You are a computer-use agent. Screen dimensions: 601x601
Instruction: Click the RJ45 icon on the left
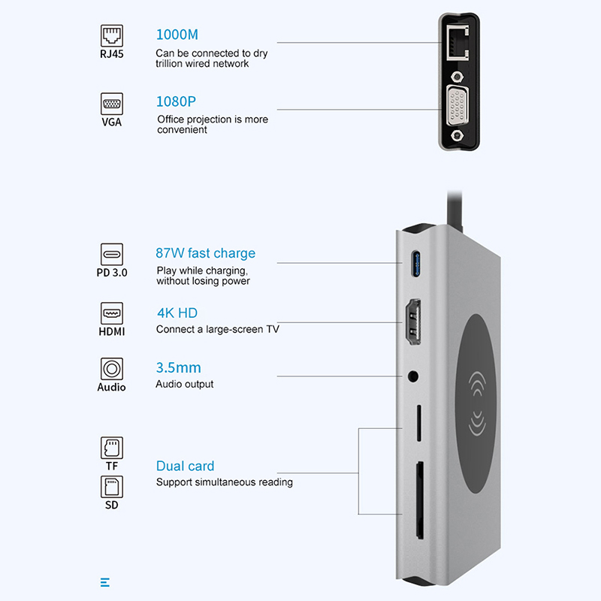(x=112, y=35)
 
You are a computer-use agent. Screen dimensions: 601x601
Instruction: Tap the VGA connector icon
(x=112, y=103)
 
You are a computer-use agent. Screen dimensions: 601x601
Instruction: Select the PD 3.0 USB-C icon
(x=112, y=253)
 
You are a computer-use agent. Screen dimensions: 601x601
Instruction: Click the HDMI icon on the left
(x=112, y=313)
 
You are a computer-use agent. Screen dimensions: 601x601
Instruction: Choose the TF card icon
(x=111, y=448)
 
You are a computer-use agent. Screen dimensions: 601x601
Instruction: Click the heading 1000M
(x=177, y=35)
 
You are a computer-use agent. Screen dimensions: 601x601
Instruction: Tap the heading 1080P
(x=176, y=101)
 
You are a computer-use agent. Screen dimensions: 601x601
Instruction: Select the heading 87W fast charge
(x=205, y=253)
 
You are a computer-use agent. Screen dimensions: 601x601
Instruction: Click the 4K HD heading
(x=177, y=313)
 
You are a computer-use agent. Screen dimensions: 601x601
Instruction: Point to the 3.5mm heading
(x=178, y=368)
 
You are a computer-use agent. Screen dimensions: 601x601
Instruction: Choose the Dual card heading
(x=185, y=466)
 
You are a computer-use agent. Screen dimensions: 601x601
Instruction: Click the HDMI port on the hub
(x=412, y=322)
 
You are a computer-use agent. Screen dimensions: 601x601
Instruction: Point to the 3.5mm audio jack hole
(x=413, y=375)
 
